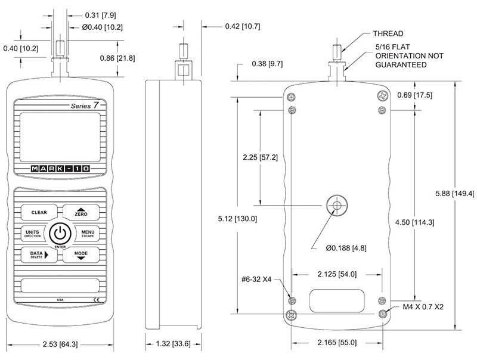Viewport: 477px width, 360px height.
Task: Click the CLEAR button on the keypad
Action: pyautogui.click(x=39, y=212)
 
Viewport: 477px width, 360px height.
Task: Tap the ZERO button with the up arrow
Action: pyautogui.click(x=81, y=212)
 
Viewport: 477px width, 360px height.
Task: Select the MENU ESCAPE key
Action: pyautogui.click(x=87, y=234)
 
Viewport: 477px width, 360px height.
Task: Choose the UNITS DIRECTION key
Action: pyautogui.click(x=33, y=234)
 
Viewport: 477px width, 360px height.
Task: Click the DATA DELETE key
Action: pyautogui.click(x=39, y=255)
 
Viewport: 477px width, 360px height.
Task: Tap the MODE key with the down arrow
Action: pyautogui.click(x=81, y=255)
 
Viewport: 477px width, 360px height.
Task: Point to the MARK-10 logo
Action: pyautogui.click(x=60, y=169)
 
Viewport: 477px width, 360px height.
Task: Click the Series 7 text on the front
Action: pyautogui.click(x=85, y=105)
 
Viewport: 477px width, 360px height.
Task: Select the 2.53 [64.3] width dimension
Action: pyautogui.click(x=60, y=344)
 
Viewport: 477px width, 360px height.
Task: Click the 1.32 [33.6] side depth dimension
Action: pyautogui.click(x=173, y=343)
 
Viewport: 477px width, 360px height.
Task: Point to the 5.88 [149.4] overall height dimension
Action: pyautogui.click(x=455, y=193)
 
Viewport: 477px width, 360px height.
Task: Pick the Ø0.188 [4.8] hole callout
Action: pyautogui.click(x=346, y=248)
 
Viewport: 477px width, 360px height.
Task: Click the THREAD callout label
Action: pyautogui.click(x=388, y=33)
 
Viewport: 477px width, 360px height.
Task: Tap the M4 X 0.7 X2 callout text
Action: pyautogui.click(x=423, y=307)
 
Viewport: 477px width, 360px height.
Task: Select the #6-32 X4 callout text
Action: pyautogui.click(x=256, y=279)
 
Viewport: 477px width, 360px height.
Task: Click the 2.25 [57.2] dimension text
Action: pyautogui.click(x=261, y=157)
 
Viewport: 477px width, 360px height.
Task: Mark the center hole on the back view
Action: pyautogui.click(x=337, y=206)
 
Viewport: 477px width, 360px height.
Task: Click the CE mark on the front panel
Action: pyautogui.click(x=96, y=299)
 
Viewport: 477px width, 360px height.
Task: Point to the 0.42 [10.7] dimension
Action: pyautogui.click(x=243, y=26)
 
